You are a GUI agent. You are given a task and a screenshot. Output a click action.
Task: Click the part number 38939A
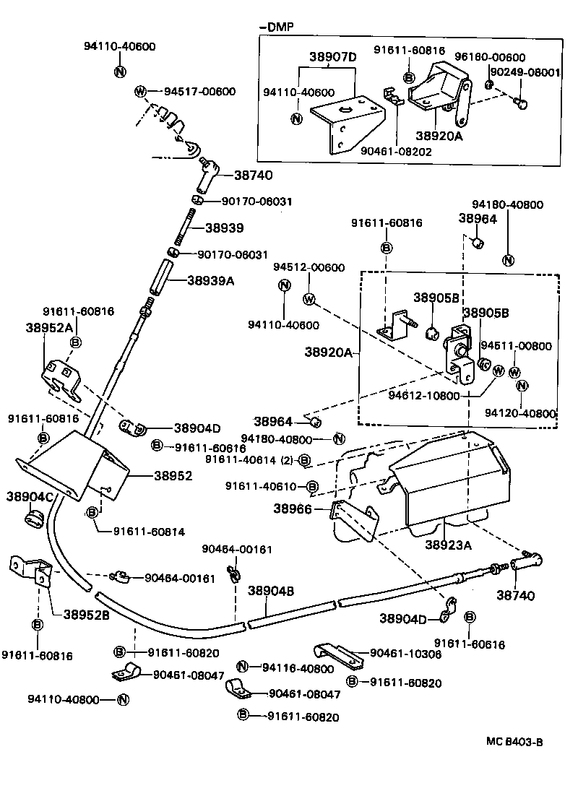pos(210,281)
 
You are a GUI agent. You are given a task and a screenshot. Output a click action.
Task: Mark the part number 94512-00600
pos(309,267)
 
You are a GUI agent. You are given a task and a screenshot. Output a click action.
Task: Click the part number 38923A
pos(448,545)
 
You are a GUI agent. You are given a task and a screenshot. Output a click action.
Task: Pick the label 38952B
pos(86,615)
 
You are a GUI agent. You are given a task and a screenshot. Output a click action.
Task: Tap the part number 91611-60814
pos(149,532)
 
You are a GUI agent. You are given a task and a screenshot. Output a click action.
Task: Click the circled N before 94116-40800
pos(243,667)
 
